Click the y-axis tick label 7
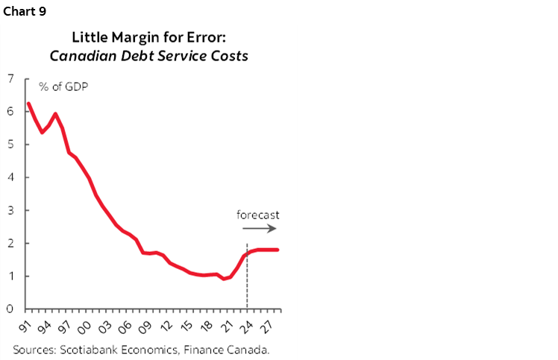[x=10, y=79]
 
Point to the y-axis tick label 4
[x=10, y=177]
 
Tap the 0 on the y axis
[x=10, y=309]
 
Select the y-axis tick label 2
[x=10, y=243]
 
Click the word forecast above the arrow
[x=258, y=215]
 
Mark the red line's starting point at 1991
[x=28, y=103]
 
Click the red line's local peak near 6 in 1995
[x=55, y=114]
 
